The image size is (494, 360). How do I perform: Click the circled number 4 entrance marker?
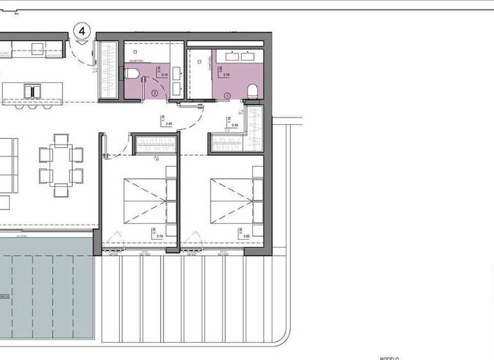pyautogui.click(x=82, y=30)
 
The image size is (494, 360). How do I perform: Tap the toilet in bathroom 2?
pyautogui.click(x=132, y=75)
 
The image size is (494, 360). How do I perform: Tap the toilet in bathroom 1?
pyautogui.click(x=252, y=91)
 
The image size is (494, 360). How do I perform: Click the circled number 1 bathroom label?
pyautogui.click(x=226, y=95)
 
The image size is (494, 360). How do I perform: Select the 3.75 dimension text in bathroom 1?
pyautogui.click(x=226, y=75)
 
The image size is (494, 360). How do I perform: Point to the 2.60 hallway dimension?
pyautogui.click(x=169, y=123)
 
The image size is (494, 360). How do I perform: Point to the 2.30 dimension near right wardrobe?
pyautogui.click(x=235, y=125)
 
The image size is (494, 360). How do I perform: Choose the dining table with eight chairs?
pyautogui.click(x=60, y=165)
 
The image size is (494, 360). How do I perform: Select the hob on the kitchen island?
pyautogui.click(x=29, y=90)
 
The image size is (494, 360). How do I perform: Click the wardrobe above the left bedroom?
pyautogui.click(x=154, y=146)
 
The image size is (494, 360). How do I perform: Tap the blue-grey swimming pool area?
pyautogui.click(x=45, y=296)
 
